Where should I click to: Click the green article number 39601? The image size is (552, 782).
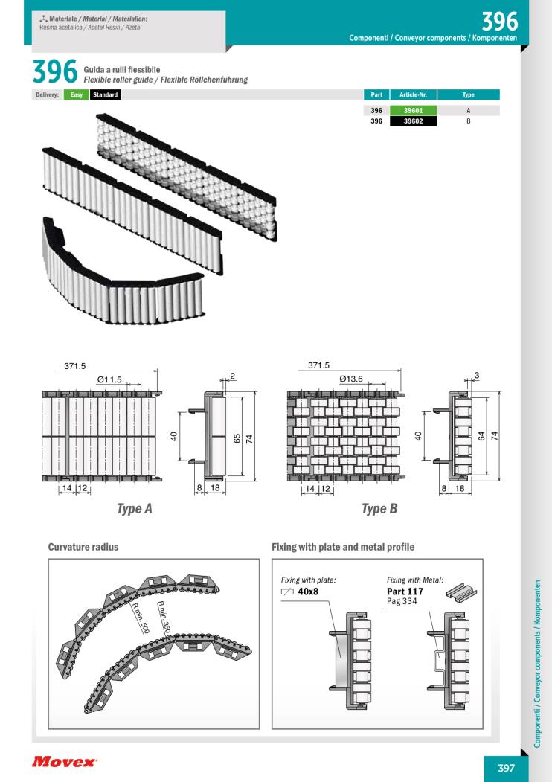[x=413, y=109]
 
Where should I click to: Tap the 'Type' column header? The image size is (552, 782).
[x=469, y=94]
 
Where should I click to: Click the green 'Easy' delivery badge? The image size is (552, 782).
[x=75, y=94]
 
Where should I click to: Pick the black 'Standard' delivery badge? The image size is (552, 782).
[x=105, y=94]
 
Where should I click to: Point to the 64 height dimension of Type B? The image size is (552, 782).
[x=481, y=436]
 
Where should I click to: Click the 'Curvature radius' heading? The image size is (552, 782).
[x=83, y=547]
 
